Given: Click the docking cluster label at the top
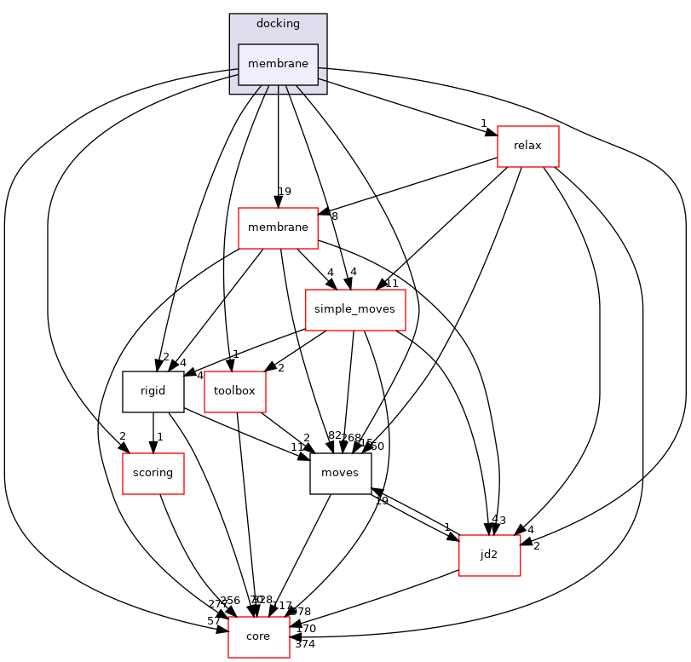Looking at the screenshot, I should tap(278, 23).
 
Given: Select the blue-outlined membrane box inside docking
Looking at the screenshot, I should tap(278, 65).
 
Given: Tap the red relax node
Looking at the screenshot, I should tap(527, 146).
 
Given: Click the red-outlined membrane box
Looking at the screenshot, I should tap(278, 227).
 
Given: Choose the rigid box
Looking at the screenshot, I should tap(153, 391).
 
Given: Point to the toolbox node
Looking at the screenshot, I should tap(234, 391).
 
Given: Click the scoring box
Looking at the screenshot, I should tap(153, 473).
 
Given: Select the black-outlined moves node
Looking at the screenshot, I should tap(341, 473).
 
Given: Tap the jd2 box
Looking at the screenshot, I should tap(489, 555).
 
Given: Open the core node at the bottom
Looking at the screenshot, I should tap(258, 636).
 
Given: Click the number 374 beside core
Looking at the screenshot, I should tap(305, 644).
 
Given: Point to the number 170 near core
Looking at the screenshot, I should tap(306, 629).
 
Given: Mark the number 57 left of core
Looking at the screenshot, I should tap(215, 621).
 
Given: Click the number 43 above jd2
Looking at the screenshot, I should tap(498, 521).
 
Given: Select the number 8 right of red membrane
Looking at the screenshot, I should tap(334, 216).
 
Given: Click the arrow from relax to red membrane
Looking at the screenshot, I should tap(409, 185).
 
